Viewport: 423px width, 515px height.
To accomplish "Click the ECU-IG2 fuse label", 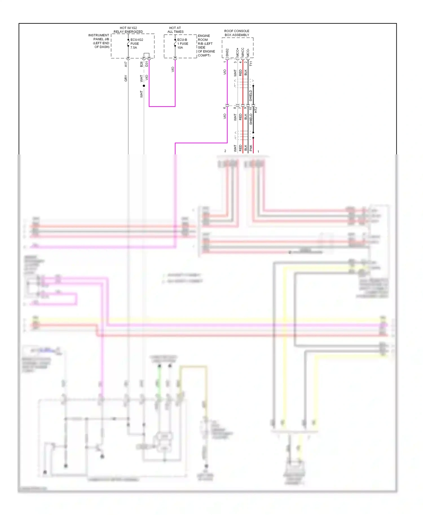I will pyautogui.click(x=137, y=40).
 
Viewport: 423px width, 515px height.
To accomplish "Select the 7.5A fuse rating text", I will pyautogui.click(x=134, y=48).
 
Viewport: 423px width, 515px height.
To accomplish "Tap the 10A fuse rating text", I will pyautogui.click(x=180, y=48).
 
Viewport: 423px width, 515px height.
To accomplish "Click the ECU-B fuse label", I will pyautogui.click(x=182, y=40).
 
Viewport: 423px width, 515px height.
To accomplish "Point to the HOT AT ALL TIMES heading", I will pyautogui.click(x=175, y=30).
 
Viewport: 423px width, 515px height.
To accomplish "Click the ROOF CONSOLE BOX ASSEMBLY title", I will pyautogui.click(x=237, y=33).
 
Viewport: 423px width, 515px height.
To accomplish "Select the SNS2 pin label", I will pyautogui.click(x=227, y=52).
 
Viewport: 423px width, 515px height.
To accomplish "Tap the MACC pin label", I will pyautogui.click(x=243, y=52).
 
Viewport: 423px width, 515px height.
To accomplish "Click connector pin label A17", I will pyautogui.click(x=126, y=64).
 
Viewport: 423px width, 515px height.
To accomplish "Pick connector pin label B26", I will pyautogui.click(x=141, y=64).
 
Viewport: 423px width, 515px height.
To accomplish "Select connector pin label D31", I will pyautogui.click(x=147, y=64).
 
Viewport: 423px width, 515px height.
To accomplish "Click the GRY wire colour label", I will pyautogui.click(x=126, y=79).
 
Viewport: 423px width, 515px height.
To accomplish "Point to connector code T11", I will pyautogui.click(x=251, y=64).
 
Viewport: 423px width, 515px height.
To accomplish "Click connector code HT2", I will pyautogui.click(x=256, y=110).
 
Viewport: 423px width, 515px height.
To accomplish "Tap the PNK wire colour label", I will pyautogui.click(x=251, y=148).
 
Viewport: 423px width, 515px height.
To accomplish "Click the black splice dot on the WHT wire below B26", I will pyautogui.click(x=144, y=86).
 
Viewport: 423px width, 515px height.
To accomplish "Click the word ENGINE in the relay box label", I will pyautogui.click(x=204, y=36).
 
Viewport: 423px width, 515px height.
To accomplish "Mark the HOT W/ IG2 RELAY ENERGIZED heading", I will pyautogui.click(x=128, y=30).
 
